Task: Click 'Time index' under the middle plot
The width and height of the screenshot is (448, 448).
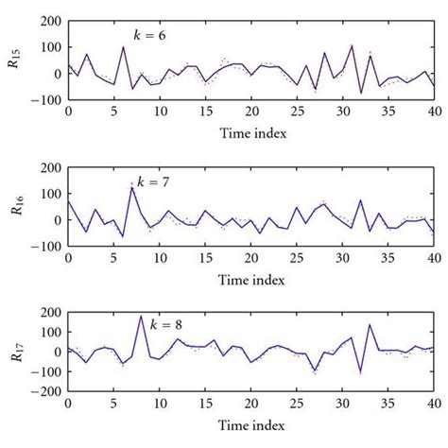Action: (x=250, y=280)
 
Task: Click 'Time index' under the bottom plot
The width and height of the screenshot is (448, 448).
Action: (x=250, y=425)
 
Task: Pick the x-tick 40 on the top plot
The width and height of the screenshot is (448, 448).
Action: (x=433, y=112)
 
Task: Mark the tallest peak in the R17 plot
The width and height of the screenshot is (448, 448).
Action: (x=141, y=317)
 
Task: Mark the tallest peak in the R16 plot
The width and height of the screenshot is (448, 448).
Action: (x=131, y=187)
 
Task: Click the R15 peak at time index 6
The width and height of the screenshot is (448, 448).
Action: (x=123, y=47)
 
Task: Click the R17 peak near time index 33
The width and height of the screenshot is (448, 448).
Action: (x=370, y=325)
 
